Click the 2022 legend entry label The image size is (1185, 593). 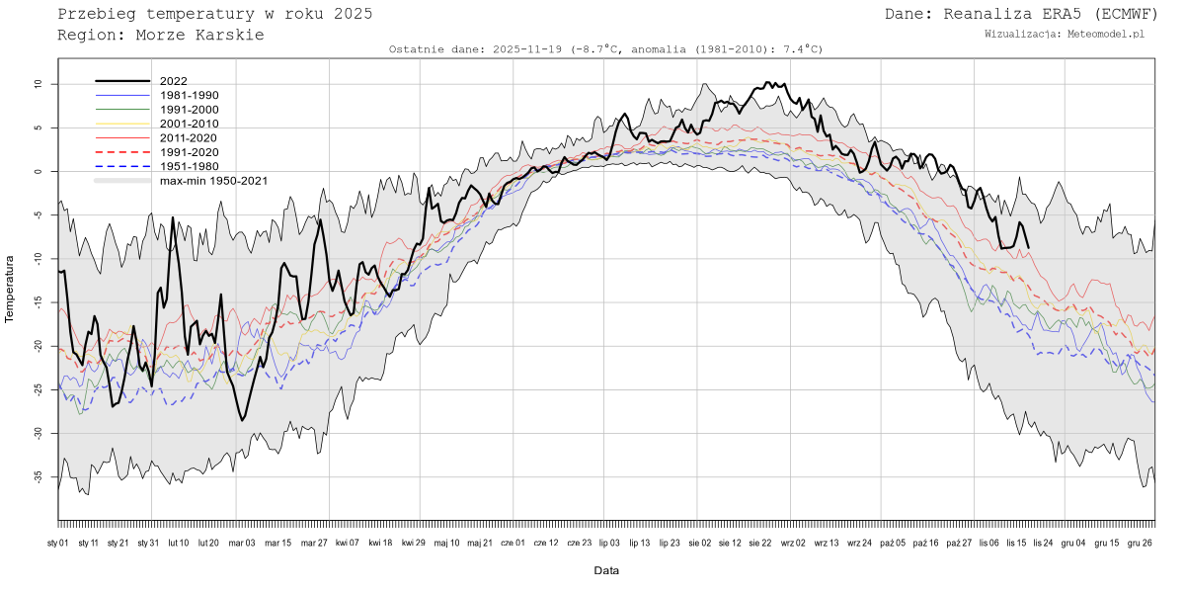[x=174, y=81]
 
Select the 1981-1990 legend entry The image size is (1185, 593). [x=189, y=95]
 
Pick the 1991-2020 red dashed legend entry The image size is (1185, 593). [x=189, y=152]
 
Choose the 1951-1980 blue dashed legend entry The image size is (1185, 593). [x=189, y=166]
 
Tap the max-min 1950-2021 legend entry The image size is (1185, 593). [x=213, y=181]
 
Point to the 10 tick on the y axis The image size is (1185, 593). [x=39, y=84]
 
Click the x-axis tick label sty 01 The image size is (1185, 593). [x=58, y=543]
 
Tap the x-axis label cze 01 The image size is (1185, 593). [x=513, y=543]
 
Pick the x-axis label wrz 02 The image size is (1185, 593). [x=793, y=543]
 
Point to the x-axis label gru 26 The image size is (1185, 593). [x=1140, y=543]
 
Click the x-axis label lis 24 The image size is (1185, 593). [x=1042, y=543]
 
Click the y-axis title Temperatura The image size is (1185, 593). [x=11, y=289]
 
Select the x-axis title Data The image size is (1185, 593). [x=606, y=570]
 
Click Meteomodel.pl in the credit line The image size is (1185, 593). [x=1106, y=34]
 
